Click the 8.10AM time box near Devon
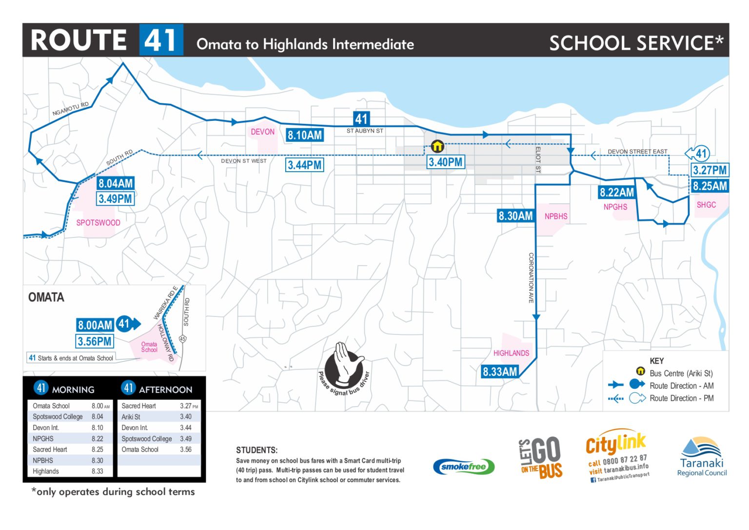tap(305, 135)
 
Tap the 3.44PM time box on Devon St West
tap(304, 165)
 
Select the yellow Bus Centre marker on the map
tap(437, 146)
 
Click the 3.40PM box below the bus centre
tap(446, 162)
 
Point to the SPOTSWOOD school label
tap(98, 223)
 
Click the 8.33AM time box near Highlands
tap(499, 372)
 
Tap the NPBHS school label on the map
tap(556, 216)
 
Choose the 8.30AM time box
tap(515, 216)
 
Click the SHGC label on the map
tap(706, 205)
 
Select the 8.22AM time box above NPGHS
tap(617, 192)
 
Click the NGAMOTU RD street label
tap(71, 109)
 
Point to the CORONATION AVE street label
tap(531, 278)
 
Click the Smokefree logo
tap(463, 467)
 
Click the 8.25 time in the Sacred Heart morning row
tap(98, 450)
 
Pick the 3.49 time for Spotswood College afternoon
tap(186, 439)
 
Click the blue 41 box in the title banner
tap(161, 40)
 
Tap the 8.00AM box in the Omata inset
tap(95, 325)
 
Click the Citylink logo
tap(617, 455)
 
